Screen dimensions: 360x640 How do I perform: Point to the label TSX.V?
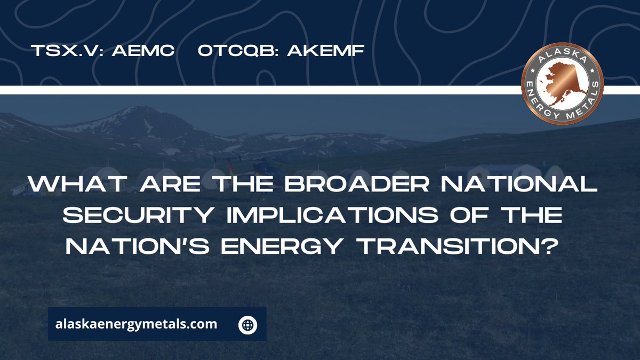(x=67, y=52)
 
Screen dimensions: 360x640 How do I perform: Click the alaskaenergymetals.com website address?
(x=137, y=324)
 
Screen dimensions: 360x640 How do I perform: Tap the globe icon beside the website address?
(x=248, y=324)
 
